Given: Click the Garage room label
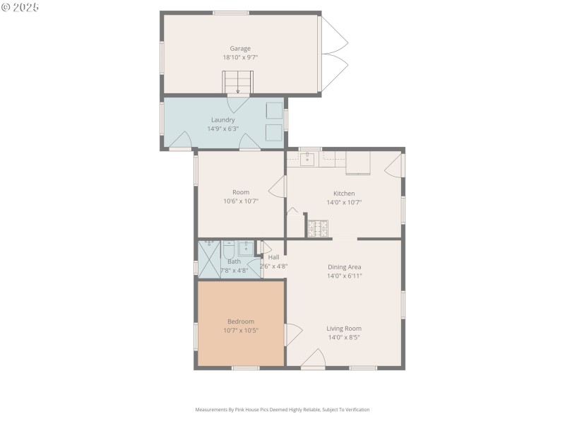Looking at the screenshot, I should coord(240,49).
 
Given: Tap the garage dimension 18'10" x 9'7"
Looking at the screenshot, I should coord(240,58).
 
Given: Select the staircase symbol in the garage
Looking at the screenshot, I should coord(238,82).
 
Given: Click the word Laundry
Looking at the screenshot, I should coord(222,120).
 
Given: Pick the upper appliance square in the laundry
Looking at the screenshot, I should coord(273,110).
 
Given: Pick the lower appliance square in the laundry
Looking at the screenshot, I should coord(273,132).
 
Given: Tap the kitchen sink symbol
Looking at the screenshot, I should coord(308,159).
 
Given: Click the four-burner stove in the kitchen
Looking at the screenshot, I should coord(318,228).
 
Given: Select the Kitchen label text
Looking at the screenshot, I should coord(344,193).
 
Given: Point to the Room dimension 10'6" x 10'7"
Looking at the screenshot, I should coord(241,201).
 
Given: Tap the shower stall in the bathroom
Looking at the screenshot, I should coord(209,259).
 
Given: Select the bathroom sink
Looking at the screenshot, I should coord(245,248).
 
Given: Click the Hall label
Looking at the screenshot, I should coord(273,257).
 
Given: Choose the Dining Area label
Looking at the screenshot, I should coord(344,267).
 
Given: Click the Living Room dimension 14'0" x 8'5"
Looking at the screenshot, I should coord(344,338).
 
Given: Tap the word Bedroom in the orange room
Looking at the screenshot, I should coord(241,322).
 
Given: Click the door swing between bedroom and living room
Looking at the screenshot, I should coord(292,334).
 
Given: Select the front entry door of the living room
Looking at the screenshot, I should coord(313,359).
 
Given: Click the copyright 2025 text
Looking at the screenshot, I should coord(20,7).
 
